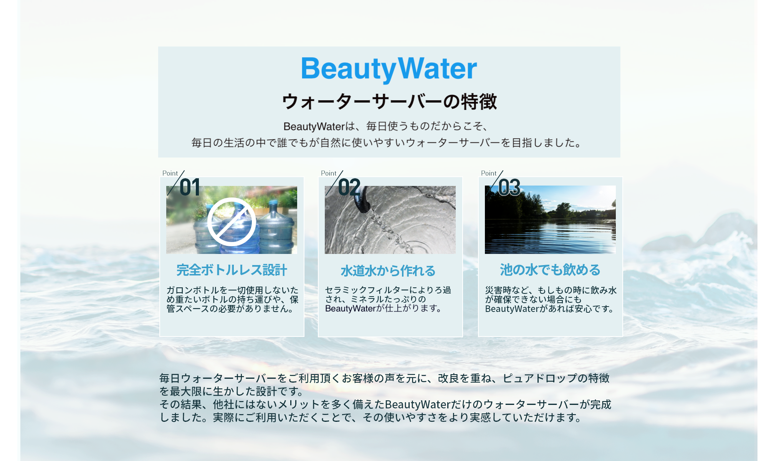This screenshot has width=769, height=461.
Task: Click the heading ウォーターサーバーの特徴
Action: (x=389, y=102)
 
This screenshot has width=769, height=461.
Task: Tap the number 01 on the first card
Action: (x=190, y=187)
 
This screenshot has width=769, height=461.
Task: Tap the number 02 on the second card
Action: (x=349, y=187)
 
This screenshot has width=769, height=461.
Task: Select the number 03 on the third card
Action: (x=509, y=187)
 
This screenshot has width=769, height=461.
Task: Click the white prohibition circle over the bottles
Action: (x=232, y=222)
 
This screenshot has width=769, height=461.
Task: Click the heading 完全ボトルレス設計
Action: (x=232, y=270)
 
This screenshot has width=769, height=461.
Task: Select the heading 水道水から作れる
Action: (x=388, y=271)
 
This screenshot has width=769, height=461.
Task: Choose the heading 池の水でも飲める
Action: (x=550, y=270)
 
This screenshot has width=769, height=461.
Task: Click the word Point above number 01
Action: (x=170, y=173)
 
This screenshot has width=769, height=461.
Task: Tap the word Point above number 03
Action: (x=488, y=173)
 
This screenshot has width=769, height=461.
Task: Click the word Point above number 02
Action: (x=328, y=173)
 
